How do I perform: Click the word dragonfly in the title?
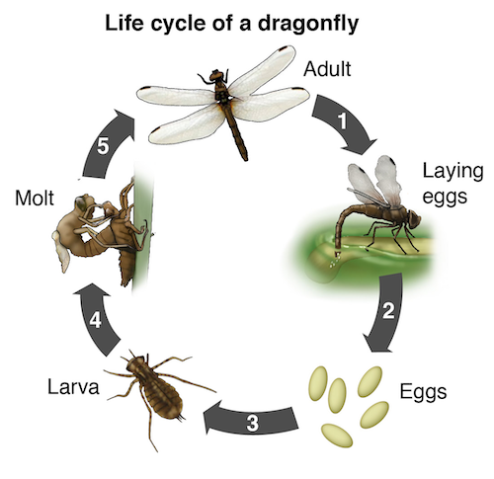click(308, 25)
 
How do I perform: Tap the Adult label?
click(327, 69)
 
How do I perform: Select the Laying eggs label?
click(453, 184)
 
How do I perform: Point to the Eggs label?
click(423, 392)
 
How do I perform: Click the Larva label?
click(73, 386)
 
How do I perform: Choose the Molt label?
click(35, 199)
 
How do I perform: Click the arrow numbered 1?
click(344, 122)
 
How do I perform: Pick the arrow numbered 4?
click(96, 319)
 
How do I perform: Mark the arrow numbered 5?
click(105, 145)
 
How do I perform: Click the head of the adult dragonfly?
click(216, 76)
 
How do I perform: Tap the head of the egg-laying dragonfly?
click(413, 218)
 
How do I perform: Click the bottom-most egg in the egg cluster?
click(337, 436)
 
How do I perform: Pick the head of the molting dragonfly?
click(82, 202)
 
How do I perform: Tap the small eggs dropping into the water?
click(335, 261)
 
